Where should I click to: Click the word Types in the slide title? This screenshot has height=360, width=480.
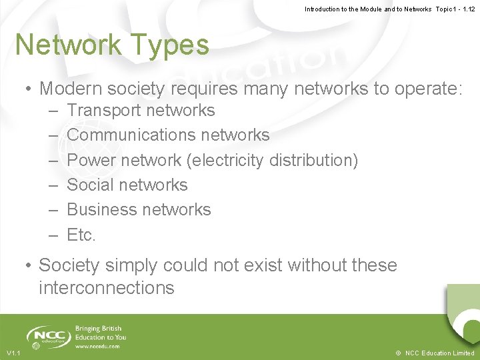[173, 45]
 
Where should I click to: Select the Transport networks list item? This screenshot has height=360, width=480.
[141, 110]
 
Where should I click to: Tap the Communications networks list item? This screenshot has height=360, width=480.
[168, 135]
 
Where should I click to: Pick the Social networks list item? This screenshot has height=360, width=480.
[127, 185]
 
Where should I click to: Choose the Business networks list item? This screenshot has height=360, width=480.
[139, 209]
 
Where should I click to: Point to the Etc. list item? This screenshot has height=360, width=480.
[81, 235]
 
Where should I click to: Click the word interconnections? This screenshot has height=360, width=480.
[107, 288]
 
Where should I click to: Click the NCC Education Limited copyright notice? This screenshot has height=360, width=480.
[435, 353]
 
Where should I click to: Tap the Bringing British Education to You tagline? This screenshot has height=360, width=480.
[101, 333]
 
